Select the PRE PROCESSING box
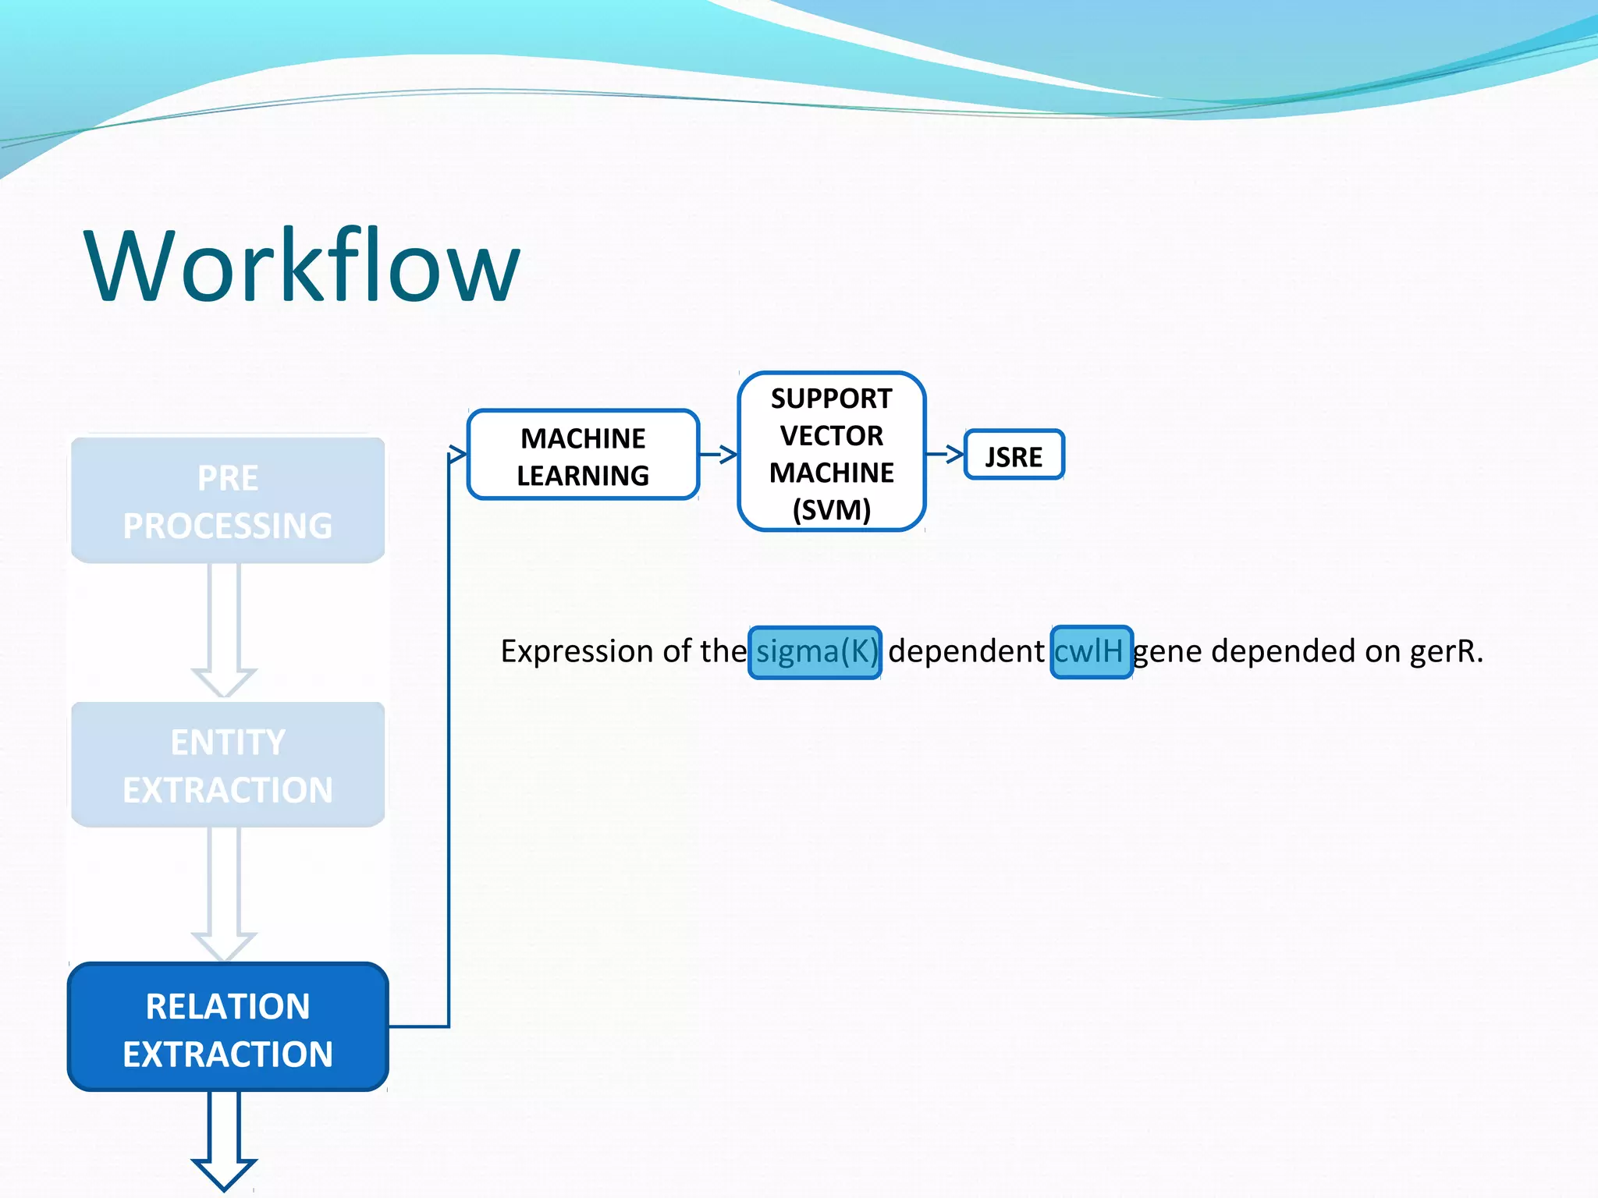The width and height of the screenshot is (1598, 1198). [228, 501]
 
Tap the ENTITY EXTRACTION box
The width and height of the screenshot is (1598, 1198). [228, 765]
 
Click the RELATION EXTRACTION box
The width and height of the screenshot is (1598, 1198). [228, 1028]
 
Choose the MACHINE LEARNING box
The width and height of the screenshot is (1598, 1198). [583, 455]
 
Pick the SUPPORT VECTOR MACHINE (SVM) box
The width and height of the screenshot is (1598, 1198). [831, 452]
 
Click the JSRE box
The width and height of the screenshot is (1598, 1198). [1014, 455]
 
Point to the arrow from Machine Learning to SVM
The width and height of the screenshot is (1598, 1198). [719, 454]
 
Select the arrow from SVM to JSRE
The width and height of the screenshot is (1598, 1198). [945, 453]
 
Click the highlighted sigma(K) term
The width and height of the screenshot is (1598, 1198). [815, 652]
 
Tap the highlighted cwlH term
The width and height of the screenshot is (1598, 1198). [1090, 652]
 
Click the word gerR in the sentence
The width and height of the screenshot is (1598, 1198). [1444, 652]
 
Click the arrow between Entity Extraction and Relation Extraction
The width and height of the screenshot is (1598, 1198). [224, 894]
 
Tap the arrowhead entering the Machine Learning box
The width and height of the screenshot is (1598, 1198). [457, 455]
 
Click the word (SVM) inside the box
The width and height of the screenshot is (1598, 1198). [831, 511]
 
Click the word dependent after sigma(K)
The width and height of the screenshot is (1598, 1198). [966, 652]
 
